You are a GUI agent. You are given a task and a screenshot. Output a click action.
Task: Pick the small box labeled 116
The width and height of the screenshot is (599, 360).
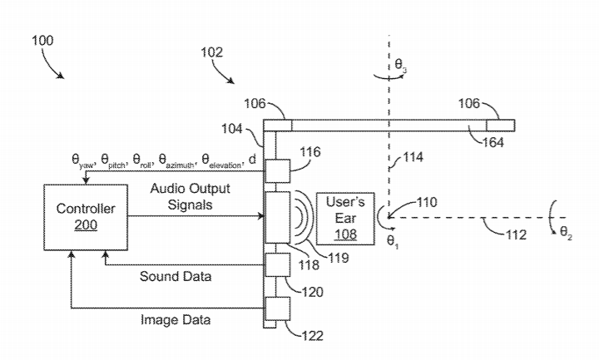click(x=277, y=172)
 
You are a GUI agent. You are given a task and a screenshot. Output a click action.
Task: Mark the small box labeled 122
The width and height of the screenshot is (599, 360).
click(x=277, y=309)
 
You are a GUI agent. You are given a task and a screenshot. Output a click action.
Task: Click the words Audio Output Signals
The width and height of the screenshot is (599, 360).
click(x=191, y=197)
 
